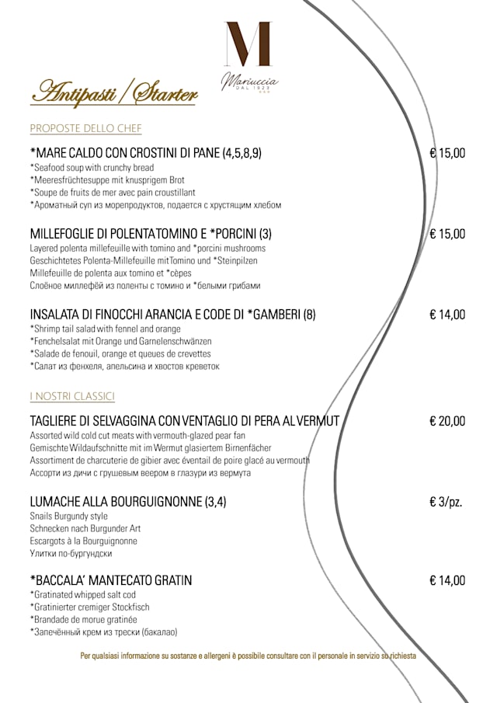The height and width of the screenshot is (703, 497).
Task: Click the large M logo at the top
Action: (x=248, y=44)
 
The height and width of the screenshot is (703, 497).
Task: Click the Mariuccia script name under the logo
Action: (x=248, y=79)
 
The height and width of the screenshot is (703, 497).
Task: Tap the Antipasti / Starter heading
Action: (x=113, y=93)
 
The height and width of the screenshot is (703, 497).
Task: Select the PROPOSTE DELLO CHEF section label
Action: (x=85, y=128)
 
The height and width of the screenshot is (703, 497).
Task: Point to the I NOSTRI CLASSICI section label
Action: (x=72, y=397)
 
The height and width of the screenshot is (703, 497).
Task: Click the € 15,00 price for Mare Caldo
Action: (x=447, y=153)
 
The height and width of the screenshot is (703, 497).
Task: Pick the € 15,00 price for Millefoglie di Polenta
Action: (x=447, y=234)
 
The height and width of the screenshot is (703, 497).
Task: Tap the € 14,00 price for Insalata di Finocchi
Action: (x=447, y=315)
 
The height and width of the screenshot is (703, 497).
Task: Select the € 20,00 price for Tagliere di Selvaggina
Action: (x=447, y=421)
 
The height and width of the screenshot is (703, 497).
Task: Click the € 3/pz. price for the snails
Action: (x=446, y=502)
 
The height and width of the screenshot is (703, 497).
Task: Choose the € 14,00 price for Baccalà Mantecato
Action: (x=447, y=580)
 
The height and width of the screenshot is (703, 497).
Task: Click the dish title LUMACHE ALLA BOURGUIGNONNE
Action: (x=128, y=502)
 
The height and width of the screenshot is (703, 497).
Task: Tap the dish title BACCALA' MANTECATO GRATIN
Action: (x=111, y=580)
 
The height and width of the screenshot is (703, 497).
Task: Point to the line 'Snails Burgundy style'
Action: (x=68, y=517)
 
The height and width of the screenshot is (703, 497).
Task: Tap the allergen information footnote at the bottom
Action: (x=248, y=656)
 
